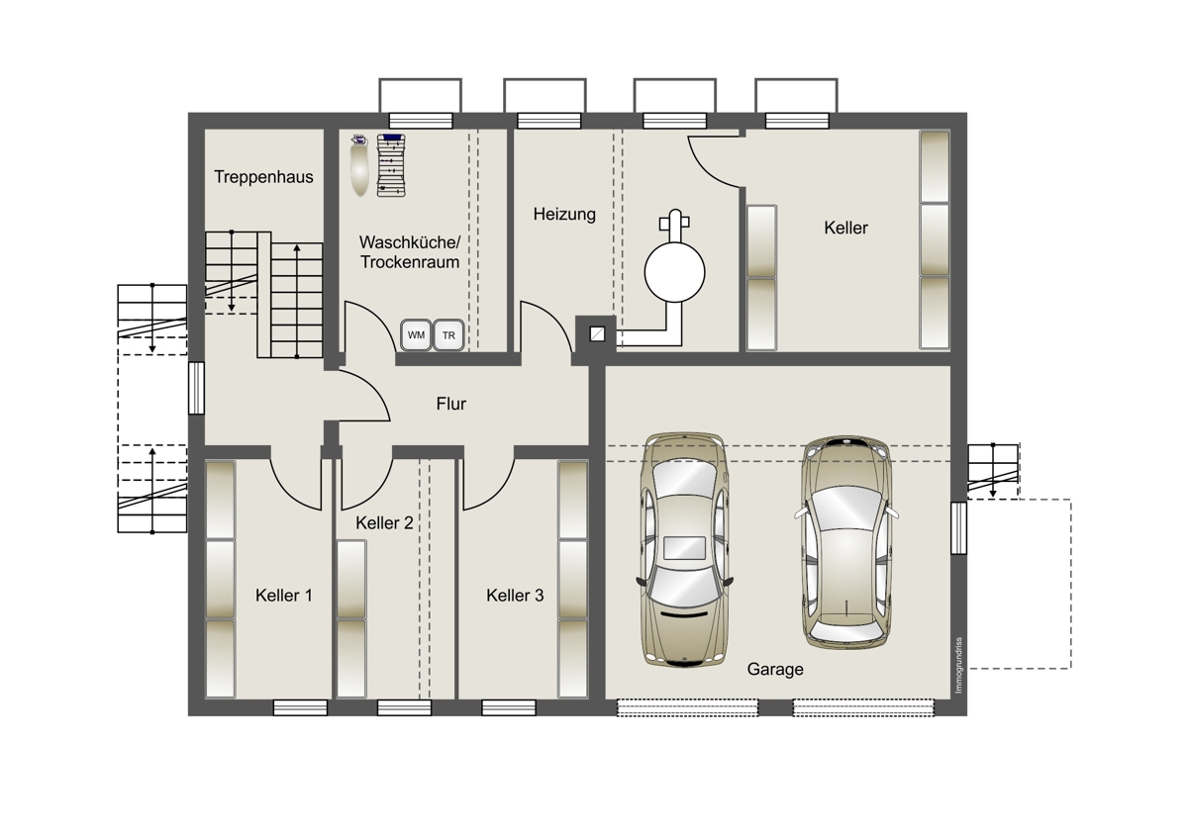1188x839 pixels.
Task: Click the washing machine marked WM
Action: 416,335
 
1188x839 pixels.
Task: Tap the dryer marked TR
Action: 448,335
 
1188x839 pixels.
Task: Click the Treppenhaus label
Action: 263,176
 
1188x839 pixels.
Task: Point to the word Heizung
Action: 564,214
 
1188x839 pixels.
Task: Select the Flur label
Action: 451,404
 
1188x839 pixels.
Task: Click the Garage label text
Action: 775,670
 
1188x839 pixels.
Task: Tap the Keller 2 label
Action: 384,523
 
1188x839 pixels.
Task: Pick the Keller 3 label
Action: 515,596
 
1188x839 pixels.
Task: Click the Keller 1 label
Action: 284,596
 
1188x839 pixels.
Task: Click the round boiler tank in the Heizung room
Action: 674,272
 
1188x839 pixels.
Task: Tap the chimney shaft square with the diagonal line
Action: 597,333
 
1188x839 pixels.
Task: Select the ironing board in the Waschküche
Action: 359,165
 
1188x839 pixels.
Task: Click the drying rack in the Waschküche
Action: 391,165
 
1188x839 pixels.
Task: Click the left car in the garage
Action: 685,550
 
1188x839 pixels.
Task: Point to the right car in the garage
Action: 846,542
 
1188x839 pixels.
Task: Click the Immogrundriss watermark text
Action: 958,665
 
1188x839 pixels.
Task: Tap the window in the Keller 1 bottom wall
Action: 300,708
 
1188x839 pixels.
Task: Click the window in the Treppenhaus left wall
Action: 196,388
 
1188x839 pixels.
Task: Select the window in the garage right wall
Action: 958,528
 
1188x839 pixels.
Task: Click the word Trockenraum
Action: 410,262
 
